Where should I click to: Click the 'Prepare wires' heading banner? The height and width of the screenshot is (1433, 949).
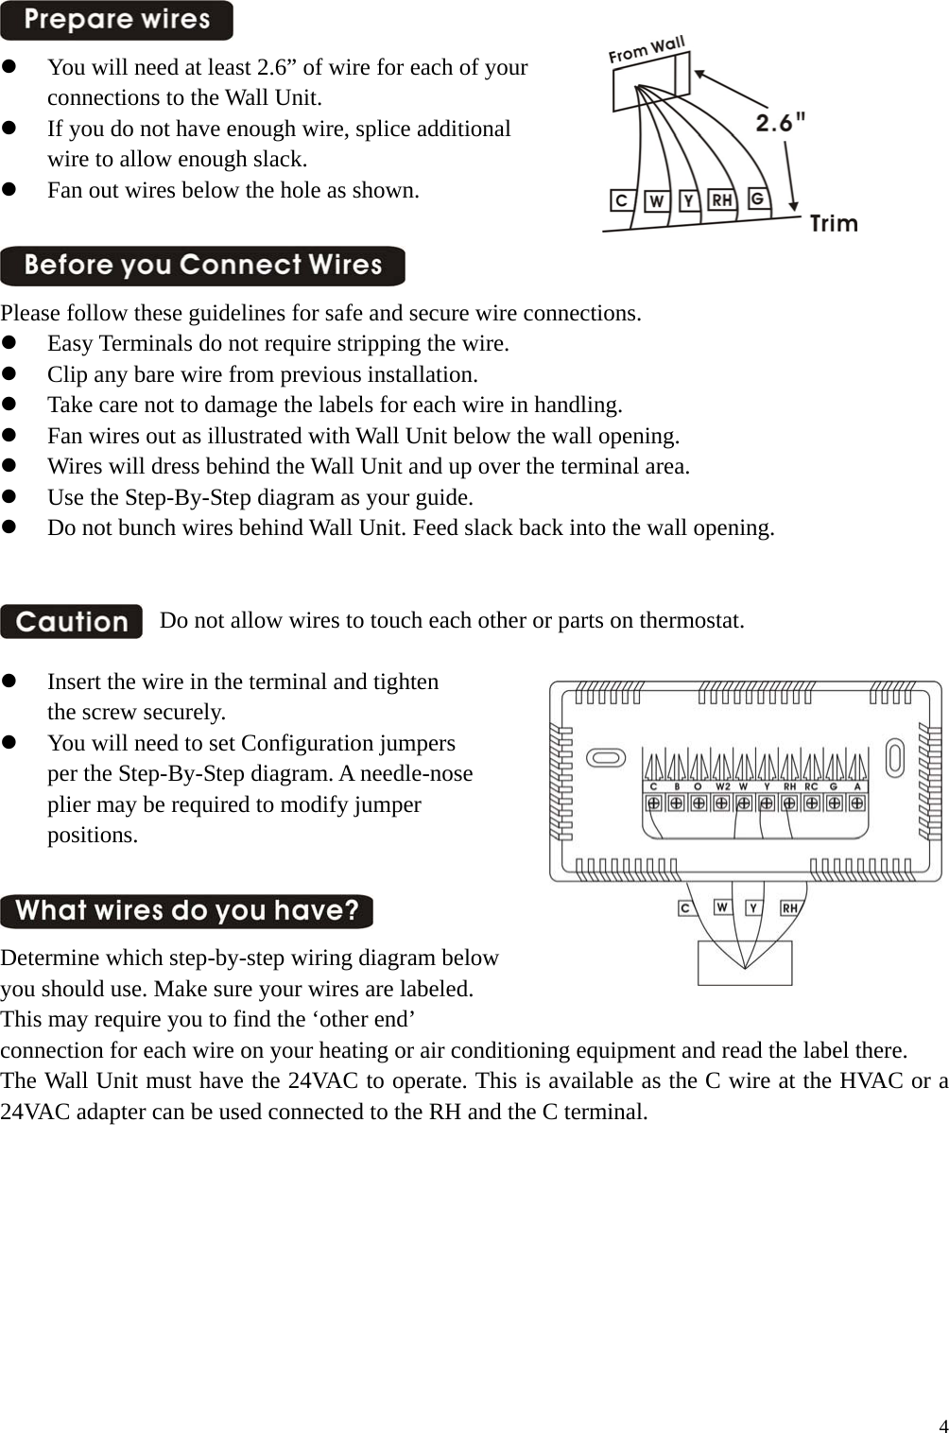click(116, 20)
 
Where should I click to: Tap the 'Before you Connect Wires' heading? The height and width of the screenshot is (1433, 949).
click(202, 266)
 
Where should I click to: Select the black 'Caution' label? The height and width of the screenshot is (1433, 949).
click(72, 622)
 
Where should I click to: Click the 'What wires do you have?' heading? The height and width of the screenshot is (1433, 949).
click(186, 911)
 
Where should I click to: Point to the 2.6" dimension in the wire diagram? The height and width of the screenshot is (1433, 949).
click(781, 122)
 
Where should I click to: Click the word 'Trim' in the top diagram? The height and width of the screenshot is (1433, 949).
click(834, 224)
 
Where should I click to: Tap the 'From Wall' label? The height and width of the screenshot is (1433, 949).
click(647, 50)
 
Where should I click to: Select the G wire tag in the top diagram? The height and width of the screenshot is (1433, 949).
click(757, 199)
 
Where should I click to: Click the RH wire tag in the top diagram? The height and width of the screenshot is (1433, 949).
click(722, 200)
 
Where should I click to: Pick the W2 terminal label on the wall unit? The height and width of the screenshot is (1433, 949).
click(722, 786)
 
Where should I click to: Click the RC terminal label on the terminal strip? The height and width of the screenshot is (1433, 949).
click(811, 786)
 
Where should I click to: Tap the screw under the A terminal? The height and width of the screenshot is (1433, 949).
click(856, 803)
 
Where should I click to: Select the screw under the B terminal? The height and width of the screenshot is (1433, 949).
click(677, 803)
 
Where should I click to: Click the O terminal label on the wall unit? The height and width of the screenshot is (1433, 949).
click(698, 786)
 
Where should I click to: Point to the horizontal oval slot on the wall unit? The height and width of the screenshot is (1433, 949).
click(606, 758)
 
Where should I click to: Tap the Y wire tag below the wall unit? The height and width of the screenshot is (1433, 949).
click(753, 907)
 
